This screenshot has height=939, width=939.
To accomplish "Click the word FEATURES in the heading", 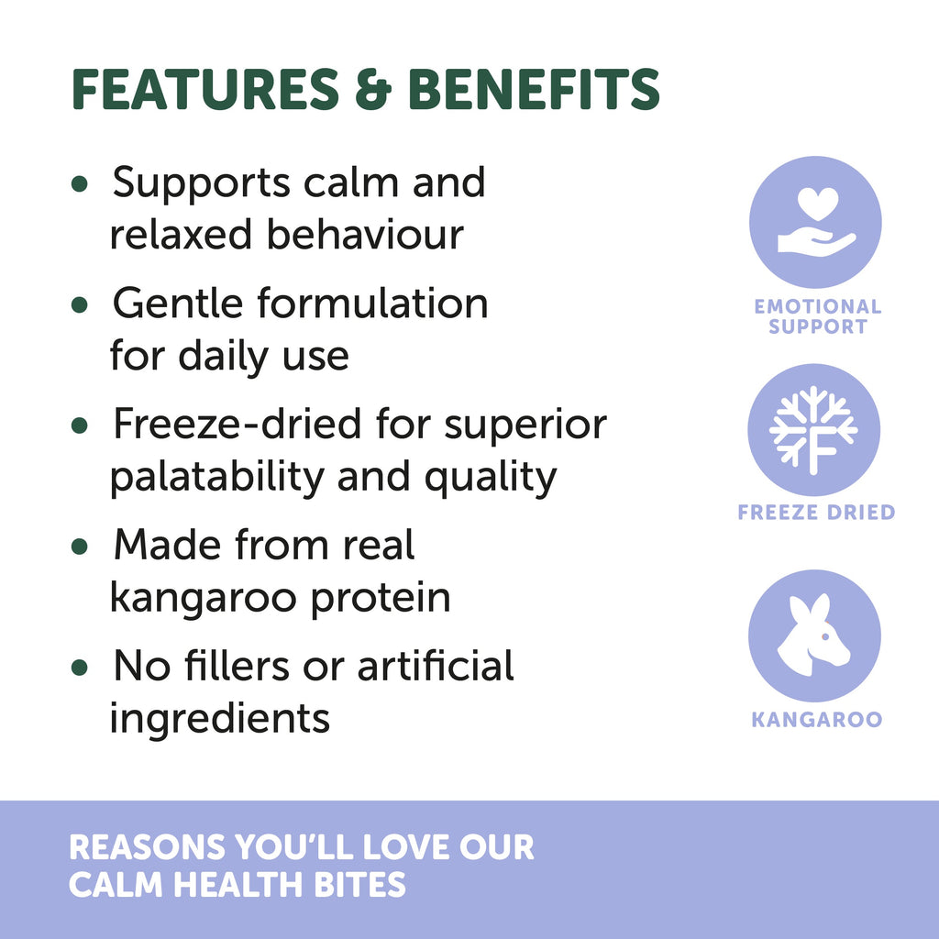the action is tap(205, 89).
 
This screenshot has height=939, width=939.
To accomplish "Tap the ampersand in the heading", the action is tap(373, 89).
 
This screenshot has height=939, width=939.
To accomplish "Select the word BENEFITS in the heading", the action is tap(534, 89).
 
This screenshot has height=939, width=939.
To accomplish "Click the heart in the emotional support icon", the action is tap(818, 204).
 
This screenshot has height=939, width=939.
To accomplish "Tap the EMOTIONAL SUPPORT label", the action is tap(817, 316).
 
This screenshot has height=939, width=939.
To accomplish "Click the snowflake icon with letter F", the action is tap(813, 431).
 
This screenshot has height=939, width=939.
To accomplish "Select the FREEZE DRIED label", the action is tap(816, 512).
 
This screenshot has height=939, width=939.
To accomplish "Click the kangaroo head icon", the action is tap(813, 635).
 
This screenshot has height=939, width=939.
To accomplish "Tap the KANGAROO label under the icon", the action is tap(817, 719).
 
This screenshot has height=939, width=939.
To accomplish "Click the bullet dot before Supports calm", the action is tap(79, 183).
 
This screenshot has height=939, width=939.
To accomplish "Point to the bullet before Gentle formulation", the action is tap(79, 304).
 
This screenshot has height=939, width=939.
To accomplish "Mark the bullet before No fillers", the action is tap(79, 668).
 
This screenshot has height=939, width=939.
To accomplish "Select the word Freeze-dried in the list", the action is tap(238, 424).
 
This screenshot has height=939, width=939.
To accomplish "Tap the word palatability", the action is tap(216, 477).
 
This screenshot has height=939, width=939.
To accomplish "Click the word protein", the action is tap(381, 598).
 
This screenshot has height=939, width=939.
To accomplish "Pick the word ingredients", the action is tap(220, 719).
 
